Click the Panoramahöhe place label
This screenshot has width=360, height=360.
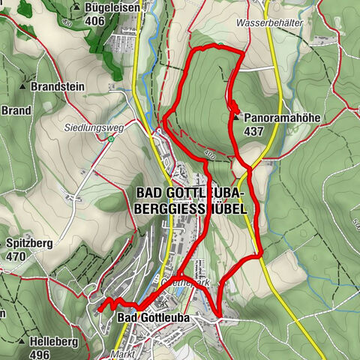280,118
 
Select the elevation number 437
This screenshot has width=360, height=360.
255,131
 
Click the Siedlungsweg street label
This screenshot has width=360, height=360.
94,127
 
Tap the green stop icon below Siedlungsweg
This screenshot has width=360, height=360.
110,138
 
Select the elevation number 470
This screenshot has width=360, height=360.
15,256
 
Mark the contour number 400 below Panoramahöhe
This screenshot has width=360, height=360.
208,156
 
